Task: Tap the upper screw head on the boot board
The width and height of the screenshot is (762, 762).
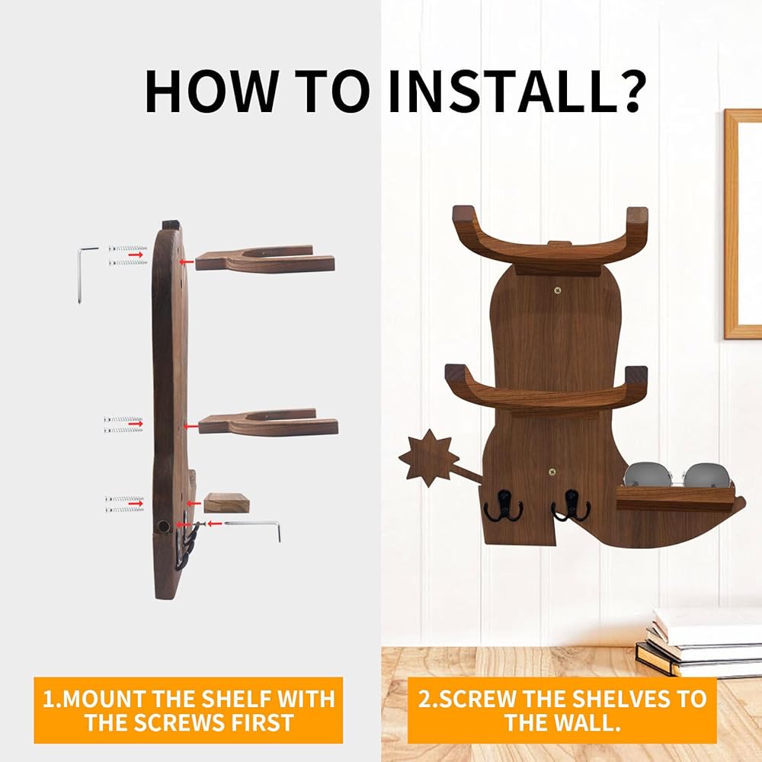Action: (558, 290)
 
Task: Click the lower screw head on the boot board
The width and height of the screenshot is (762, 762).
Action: (552, 472)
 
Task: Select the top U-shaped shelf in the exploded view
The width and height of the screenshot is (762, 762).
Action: (265, 258)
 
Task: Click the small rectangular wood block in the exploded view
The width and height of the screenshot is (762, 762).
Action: (226, 502)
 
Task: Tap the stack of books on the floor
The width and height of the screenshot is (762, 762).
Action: (700, 642)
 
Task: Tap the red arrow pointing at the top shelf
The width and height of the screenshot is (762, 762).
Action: (184, 261)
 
